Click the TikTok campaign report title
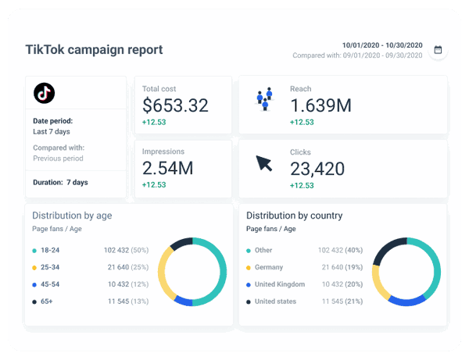point(95,50)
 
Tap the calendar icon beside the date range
point(438,50)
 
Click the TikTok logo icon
point(44,93)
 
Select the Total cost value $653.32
point(176,105)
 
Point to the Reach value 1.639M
point(320,105)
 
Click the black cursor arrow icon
point(264,164)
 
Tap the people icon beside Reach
point(264,98)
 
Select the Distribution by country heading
point(294,215)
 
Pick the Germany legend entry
point(270,267)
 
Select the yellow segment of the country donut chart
point(379,280)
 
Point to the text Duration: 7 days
point(60,182)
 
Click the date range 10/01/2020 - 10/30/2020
point(382,45)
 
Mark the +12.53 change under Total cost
point(156,122)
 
